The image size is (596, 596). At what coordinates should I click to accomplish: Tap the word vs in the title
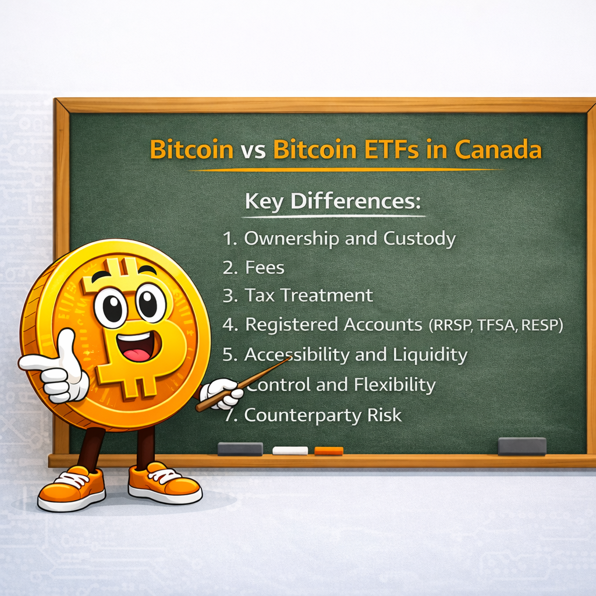point(253,150)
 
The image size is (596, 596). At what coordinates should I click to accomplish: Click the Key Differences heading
point(332,202)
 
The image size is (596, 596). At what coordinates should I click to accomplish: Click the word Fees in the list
point(264,267)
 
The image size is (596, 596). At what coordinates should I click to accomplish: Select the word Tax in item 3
point(260,295)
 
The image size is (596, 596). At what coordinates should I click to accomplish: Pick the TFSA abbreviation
point(496,326)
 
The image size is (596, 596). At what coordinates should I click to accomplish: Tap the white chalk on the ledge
point(290,450)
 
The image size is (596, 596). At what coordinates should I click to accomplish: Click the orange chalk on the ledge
point(329,450)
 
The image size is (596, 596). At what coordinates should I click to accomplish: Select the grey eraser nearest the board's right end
point(522,446)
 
